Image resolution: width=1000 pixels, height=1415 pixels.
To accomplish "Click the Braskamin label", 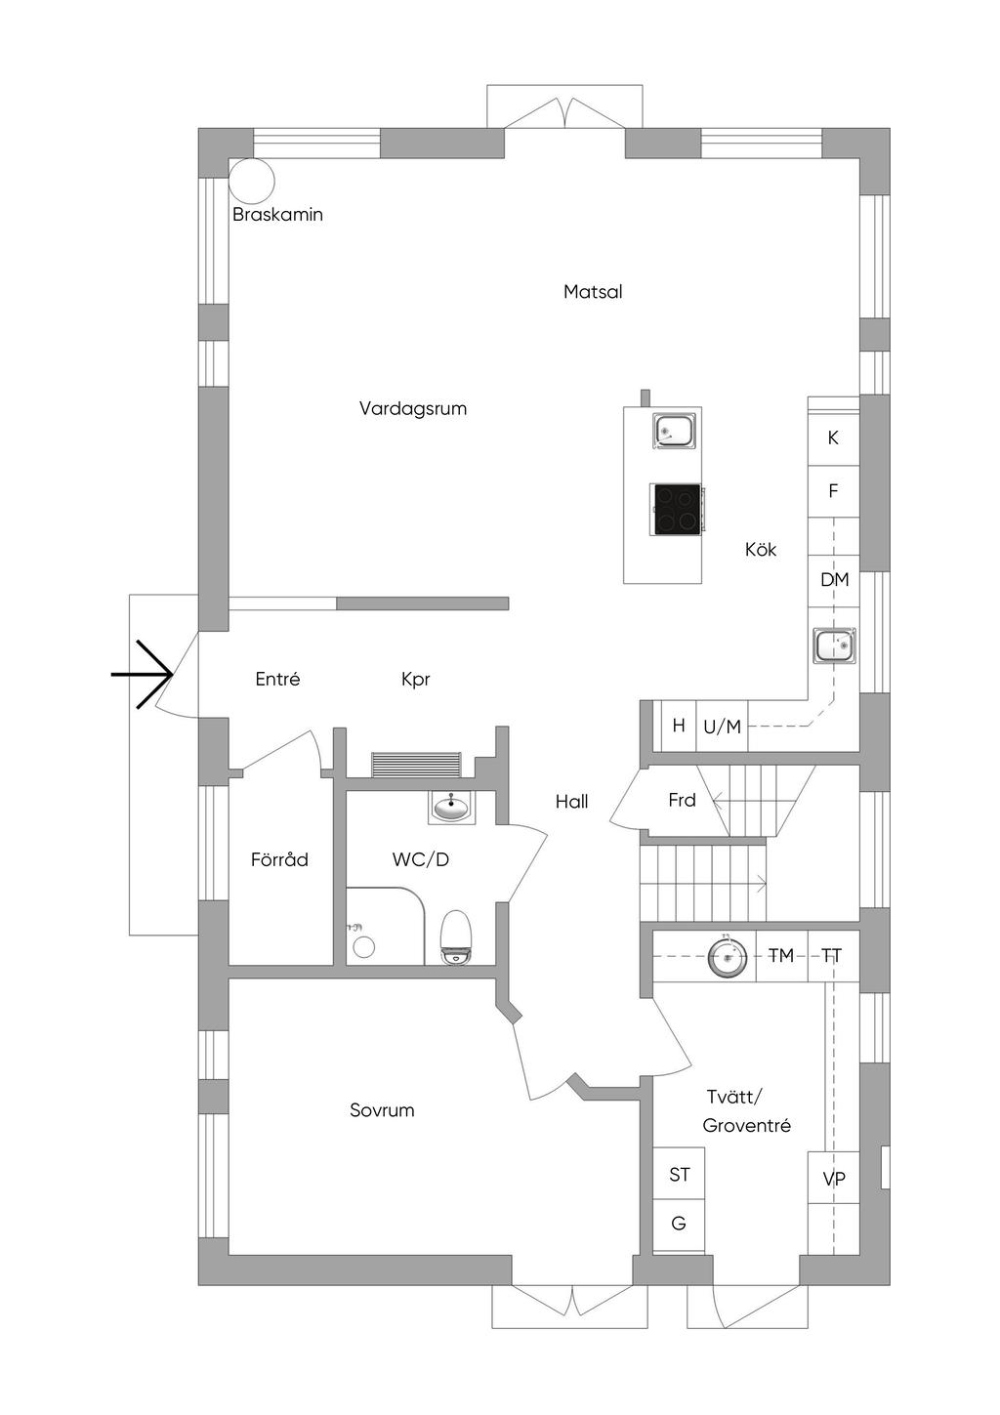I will coord(277,215).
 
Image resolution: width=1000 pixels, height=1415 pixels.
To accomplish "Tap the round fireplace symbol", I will coord(252,180).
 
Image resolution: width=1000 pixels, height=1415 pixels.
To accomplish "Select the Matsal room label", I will coord(593,292).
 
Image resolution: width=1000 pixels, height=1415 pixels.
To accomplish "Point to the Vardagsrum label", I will coord(413,409).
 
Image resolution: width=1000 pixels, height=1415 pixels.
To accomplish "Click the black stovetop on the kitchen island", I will coord(677,510).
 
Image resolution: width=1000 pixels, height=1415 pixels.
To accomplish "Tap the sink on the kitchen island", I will coord(675,430).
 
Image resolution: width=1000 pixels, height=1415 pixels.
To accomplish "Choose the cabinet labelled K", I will coord(833,437).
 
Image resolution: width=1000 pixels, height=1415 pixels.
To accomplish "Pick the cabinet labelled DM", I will coord(834,580).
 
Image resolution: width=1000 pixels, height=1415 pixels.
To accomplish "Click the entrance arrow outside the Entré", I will coord(143,674).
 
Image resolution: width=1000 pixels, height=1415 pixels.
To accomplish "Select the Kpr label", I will coord(416,680).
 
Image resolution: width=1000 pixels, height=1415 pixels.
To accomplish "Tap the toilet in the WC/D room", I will coord(456,937).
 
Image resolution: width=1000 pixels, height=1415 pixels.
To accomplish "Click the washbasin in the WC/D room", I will coord(451,807).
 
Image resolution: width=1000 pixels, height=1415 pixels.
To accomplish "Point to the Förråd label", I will coord(279,860).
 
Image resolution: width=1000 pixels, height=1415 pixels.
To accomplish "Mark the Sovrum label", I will coord(382,1110).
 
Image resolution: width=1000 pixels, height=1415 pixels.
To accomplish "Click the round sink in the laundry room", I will coord(728,956).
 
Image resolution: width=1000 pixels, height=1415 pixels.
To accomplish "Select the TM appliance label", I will coord(781,956).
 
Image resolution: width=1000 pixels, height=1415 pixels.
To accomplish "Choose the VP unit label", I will coord(834,1180).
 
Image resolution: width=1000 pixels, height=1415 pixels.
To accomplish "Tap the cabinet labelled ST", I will coord(680,1175).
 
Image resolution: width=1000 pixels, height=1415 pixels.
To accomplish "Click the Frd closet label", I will coord(682,801).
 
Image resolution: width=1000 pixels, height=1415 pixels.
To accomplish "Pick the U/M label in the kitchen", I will coord(722,727).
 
